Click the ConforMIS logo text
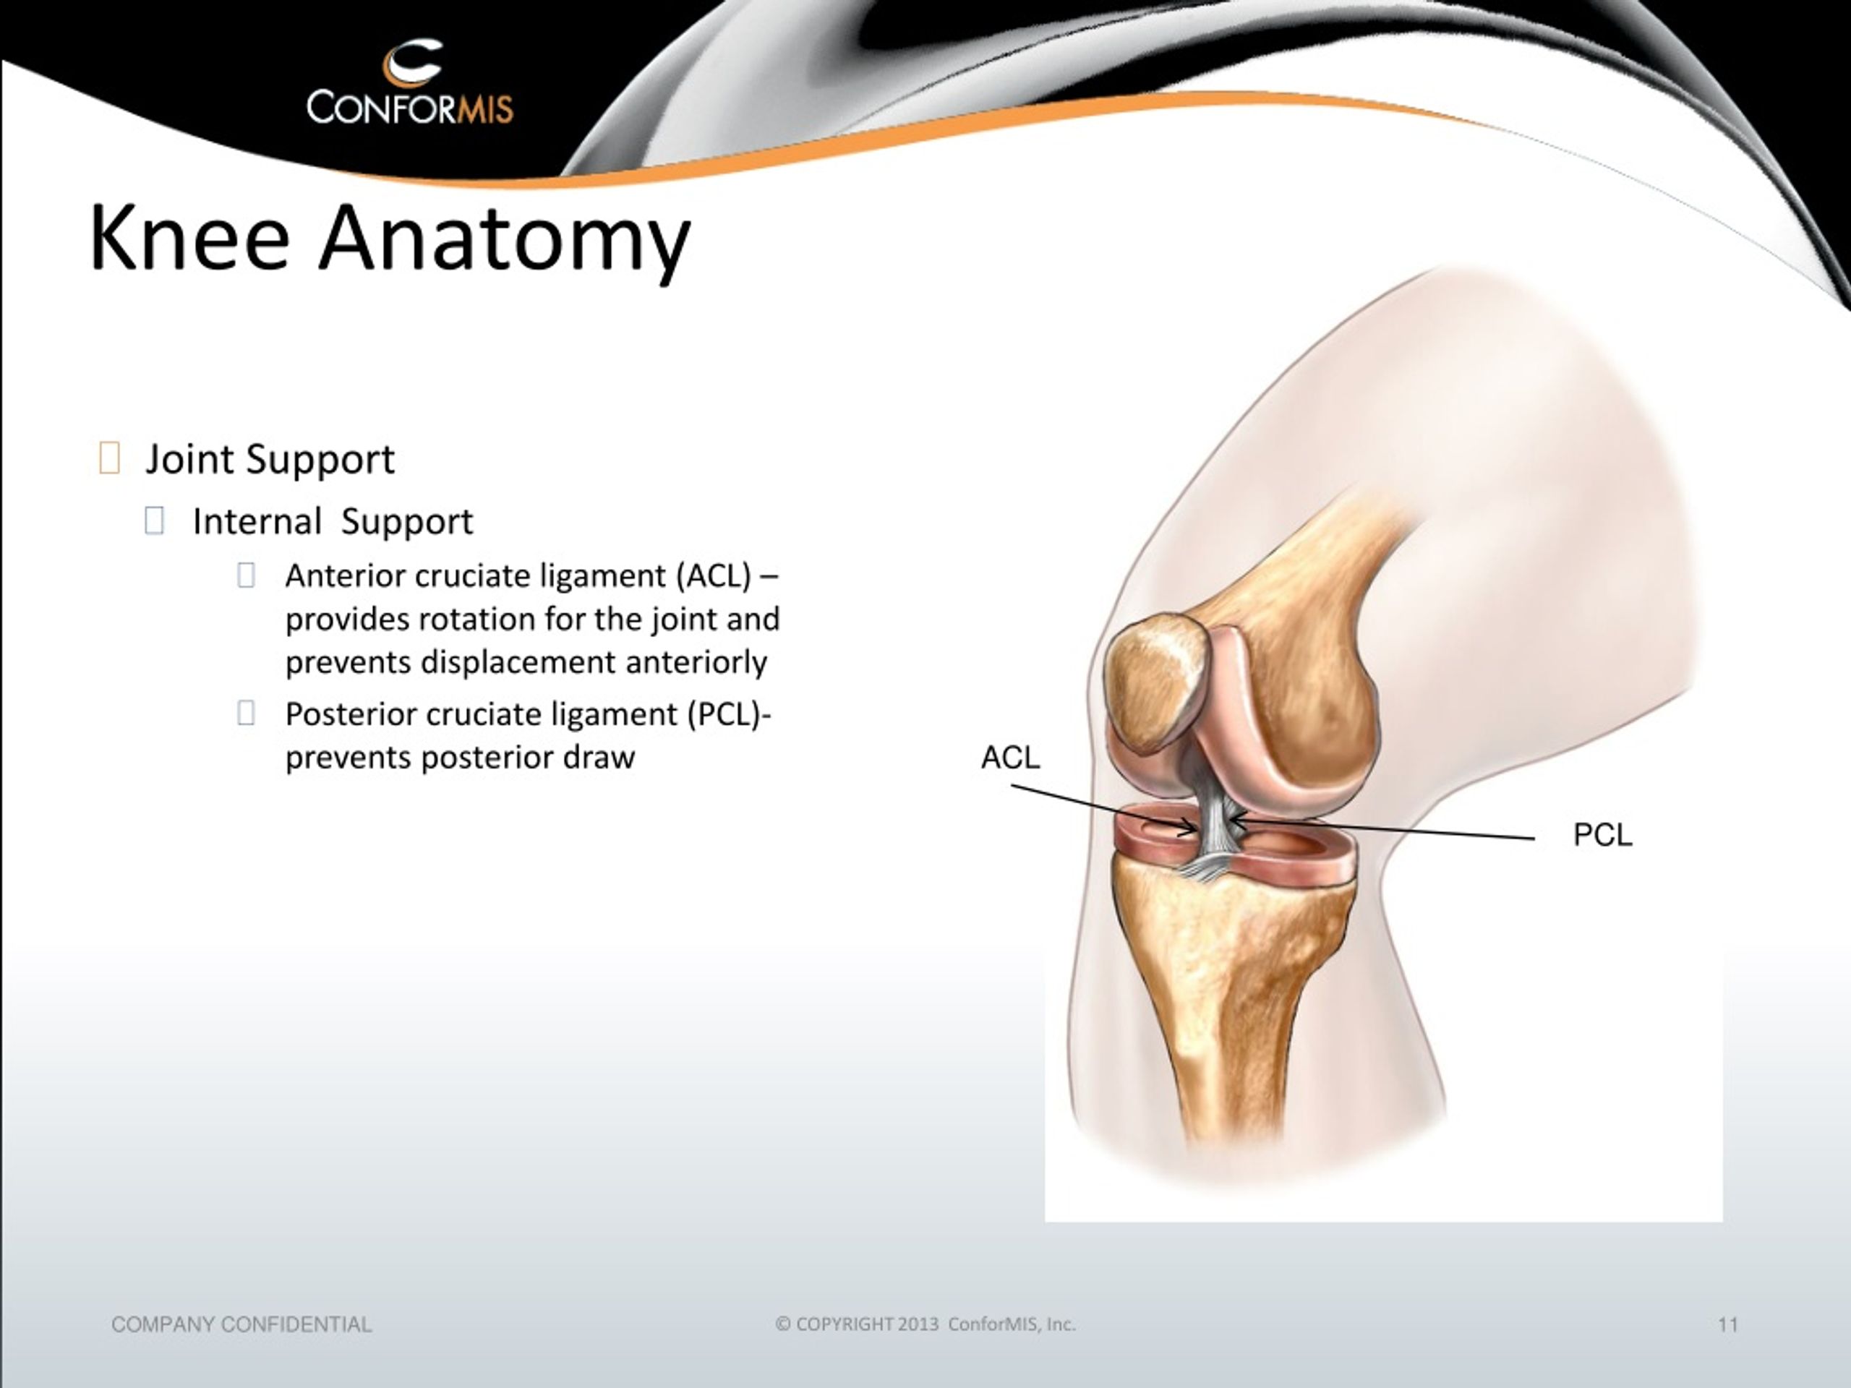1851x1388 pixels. click(x=409, y=106)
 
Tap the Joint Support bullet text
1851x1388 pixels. click(x=270, y=459)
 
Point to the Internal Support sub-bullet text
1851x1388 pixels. click(x=332, y=522)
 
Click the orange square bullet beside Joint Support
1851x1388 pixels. click(x=108, y=458)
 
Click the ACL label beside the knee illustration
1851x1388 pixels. click(x=1010, y=757)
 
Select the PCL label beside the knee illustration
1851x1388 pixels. click(x=1602, y=835)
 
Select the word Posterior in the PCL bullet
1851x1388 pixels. click(x=351, y=714)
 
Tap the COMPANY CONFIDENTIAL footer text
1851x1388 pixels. click(x=241, y=1324)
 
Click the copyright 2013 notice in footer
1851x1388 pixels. click(x=925, y=1324)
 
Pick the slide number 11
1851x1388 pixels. click(x=1728, y=1324)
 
